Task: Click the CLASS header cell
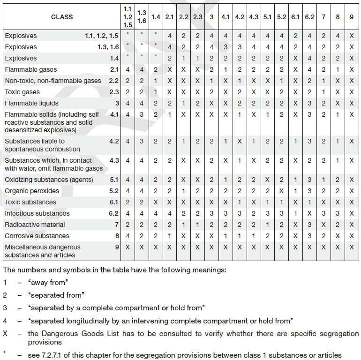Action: pos(61,16)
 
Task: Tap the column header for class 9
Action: pos(352,16)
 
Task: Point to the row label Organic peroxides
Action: pos(32,191)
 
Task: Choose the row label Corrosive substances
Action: pos(37,236)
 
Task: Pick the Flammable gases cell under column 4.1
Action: pos(226,69)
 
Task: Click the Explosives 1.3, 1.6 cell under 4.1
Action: pos(226,47)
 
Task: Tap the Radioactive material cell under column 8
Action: pos(338,225)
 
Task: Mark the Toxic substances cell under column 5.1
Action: pos(267,202)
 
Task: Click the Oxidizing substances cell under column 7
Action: pos(323,180)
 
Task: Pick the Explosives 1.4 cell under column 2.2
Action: pos(184,58)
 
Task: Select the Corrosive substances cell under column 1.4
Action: pos(156,236)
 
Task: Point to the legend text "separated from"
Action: pos(56,295)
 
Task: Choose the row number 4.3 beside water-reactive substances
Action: pos(114,160)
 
